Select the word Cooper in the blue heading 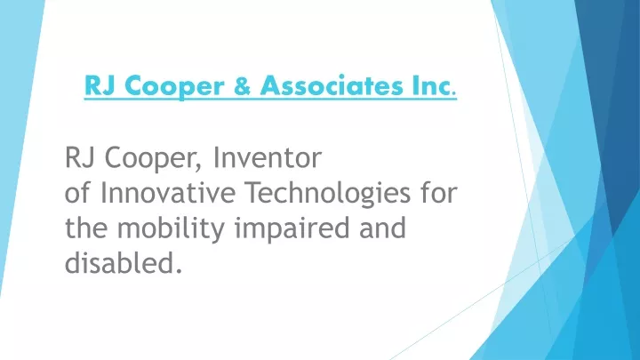tap(174, 87)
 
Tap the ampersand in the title tap(243, 85)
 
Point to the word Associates tap(332, 85)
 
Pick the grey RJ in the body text tap(80, 157)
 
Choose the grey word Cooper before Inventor tap(148, 160)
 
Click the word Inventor tap(268, 157)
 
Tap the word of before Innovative tap(77, 193)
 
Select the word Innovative tap(168, 193)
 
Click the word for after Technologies tap(439, 193)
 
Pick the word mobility tap(171, 229)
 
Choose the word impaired tap(292, 229)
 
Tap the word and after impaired tap(383, 228)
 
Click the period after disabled tap(178, 270)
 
